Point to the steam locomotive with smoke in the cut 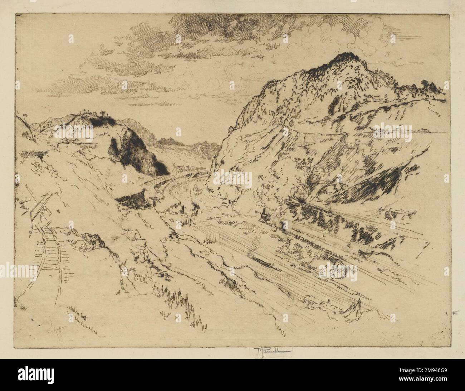(x=265, y=215)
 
